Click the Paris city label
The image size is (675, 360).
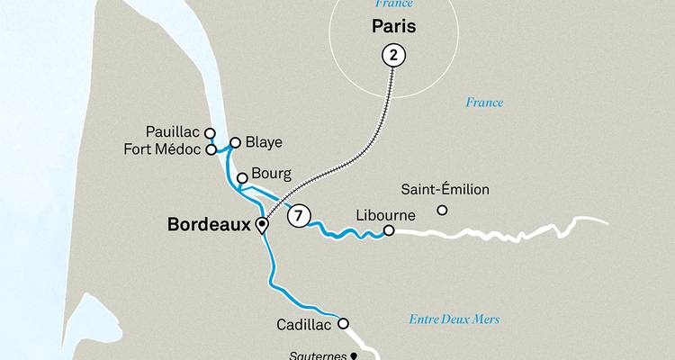pos(392,27)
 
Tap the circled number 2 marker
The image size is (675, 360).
pos(394,56)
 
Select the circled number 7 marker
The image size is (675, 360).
pos(299,216)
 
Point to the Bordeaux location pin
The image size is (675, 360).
pos(262,225)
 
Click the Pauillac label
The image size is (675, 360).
pos(175,132)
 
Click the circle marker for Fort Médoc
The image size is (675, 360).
pos(211,150)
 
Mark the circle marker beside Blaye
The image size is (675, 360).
pos(236,142)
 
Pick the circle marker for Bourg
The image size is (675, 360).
pos(242,177)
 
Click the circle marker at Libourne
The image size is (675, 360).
pos(389,230)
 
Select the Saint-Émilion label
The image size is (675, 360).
pos(445,190)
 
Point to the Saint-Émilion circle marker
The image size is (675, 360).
pos(442,211)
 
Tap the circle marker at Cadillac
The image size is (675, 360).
pos(342,324)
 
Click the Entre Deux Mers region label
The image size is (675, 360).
pos(454,319)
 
